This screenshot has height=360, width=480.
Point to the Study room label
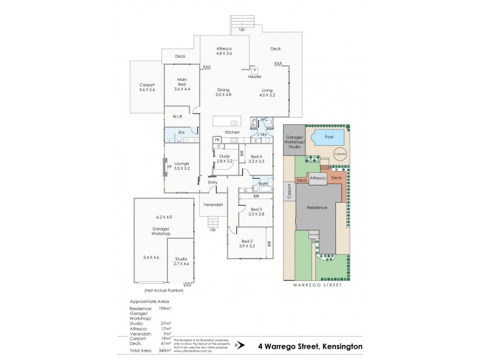pos(224,158)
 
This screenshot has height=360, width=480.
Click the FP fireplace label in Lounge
pos(170,166)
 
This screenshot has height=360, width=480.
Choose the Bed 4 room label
pos(256,158)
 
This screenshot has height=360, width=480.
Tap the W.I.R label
pos(177,116)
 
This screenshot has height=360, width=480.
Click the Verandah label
pos(213,205)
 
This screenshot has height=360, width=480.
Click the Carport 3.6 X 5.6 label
pos(146,87)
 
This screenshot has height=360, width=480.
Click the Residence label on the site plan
pos(317,208)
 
